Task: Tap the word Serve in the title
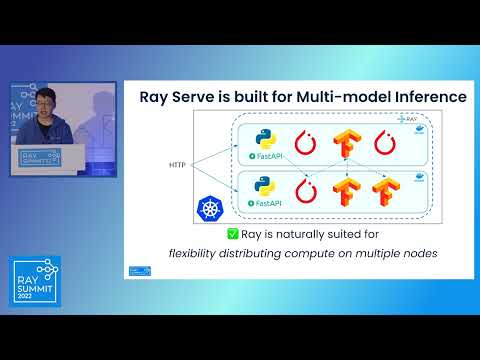click(x=194, y=98)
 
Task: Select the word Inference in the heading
click(x=426, y=98)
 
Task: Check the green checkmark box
click(x=233, y=234)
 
